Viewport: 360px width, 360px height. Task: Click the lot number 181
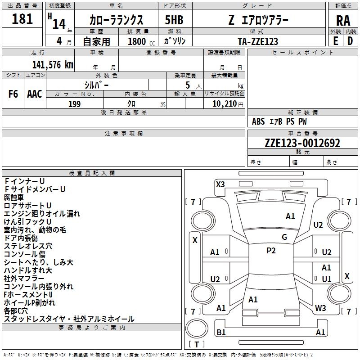[x=22, y=19]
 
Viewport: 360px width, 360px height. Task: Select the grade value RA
[x=343, y=21]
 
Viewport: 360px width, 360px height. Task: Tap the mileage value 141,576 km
[x=53, y=64]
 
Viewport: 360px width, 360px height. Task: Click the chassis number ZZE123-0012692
[x=302, y=143]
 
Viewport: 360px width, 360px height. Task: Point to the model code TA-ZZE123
[x=258, y=41]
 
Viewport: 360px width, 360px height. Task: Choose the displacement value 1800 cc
[x=141, y=41]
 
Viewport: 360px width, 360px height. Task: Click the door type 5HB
[x=174, y=20]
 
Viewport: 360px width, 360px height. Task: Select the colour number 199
[x=74, y=104]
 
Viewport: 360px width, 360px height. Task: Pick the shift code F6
[x=13, y=94]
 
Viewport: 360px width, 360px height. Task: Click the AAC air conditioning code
[x=35, y=94]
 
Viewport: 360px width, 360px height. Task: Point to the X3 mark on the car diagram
[x=220, y=184]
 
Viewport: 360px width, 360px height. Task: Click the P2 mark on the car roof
[x=271, y=251]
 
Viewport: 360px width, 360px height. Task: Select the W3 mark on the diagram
[x=320, y=308]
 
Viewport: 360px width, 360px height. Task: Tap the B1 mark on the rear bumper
[x=221, y=332]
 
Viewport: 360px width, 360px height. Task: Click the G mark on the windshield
[x=284, y=237]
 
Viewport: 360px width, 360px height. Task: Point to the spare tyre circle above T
[x=197, y=328]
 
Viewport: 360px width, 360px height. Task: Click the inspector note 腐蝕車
[x=14, y=198]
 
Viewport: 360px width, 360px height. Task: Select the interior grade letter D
[x=350, y=41]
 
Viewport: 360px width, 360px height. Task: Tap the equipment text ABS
[x=258, y=121]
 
